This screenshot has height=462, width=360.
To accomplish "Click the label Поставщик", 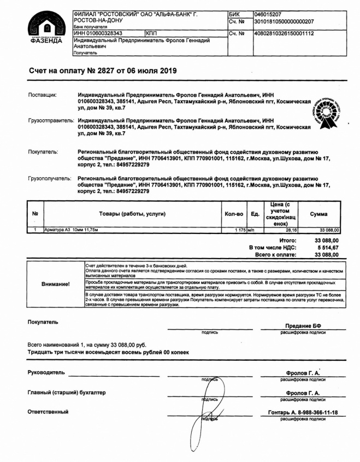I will click(x=43, y=96).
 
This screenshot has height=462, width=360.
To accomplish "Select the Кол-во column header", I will click(x=234, y=214).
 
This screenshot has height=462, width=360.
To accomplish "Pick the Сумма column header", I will click(x=318, y=214).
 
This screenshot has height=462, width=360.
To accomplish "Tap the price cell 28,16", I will click(x=285, y=230).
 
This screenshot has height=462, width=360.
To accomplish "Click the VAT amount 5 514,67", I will click(x=327, y=248).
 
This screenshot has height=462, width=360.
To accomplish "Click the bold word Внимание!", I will click(x=56, y=284).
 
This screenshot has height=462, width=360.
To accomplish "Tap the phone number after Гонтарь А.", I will click(x=316, y=412).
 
